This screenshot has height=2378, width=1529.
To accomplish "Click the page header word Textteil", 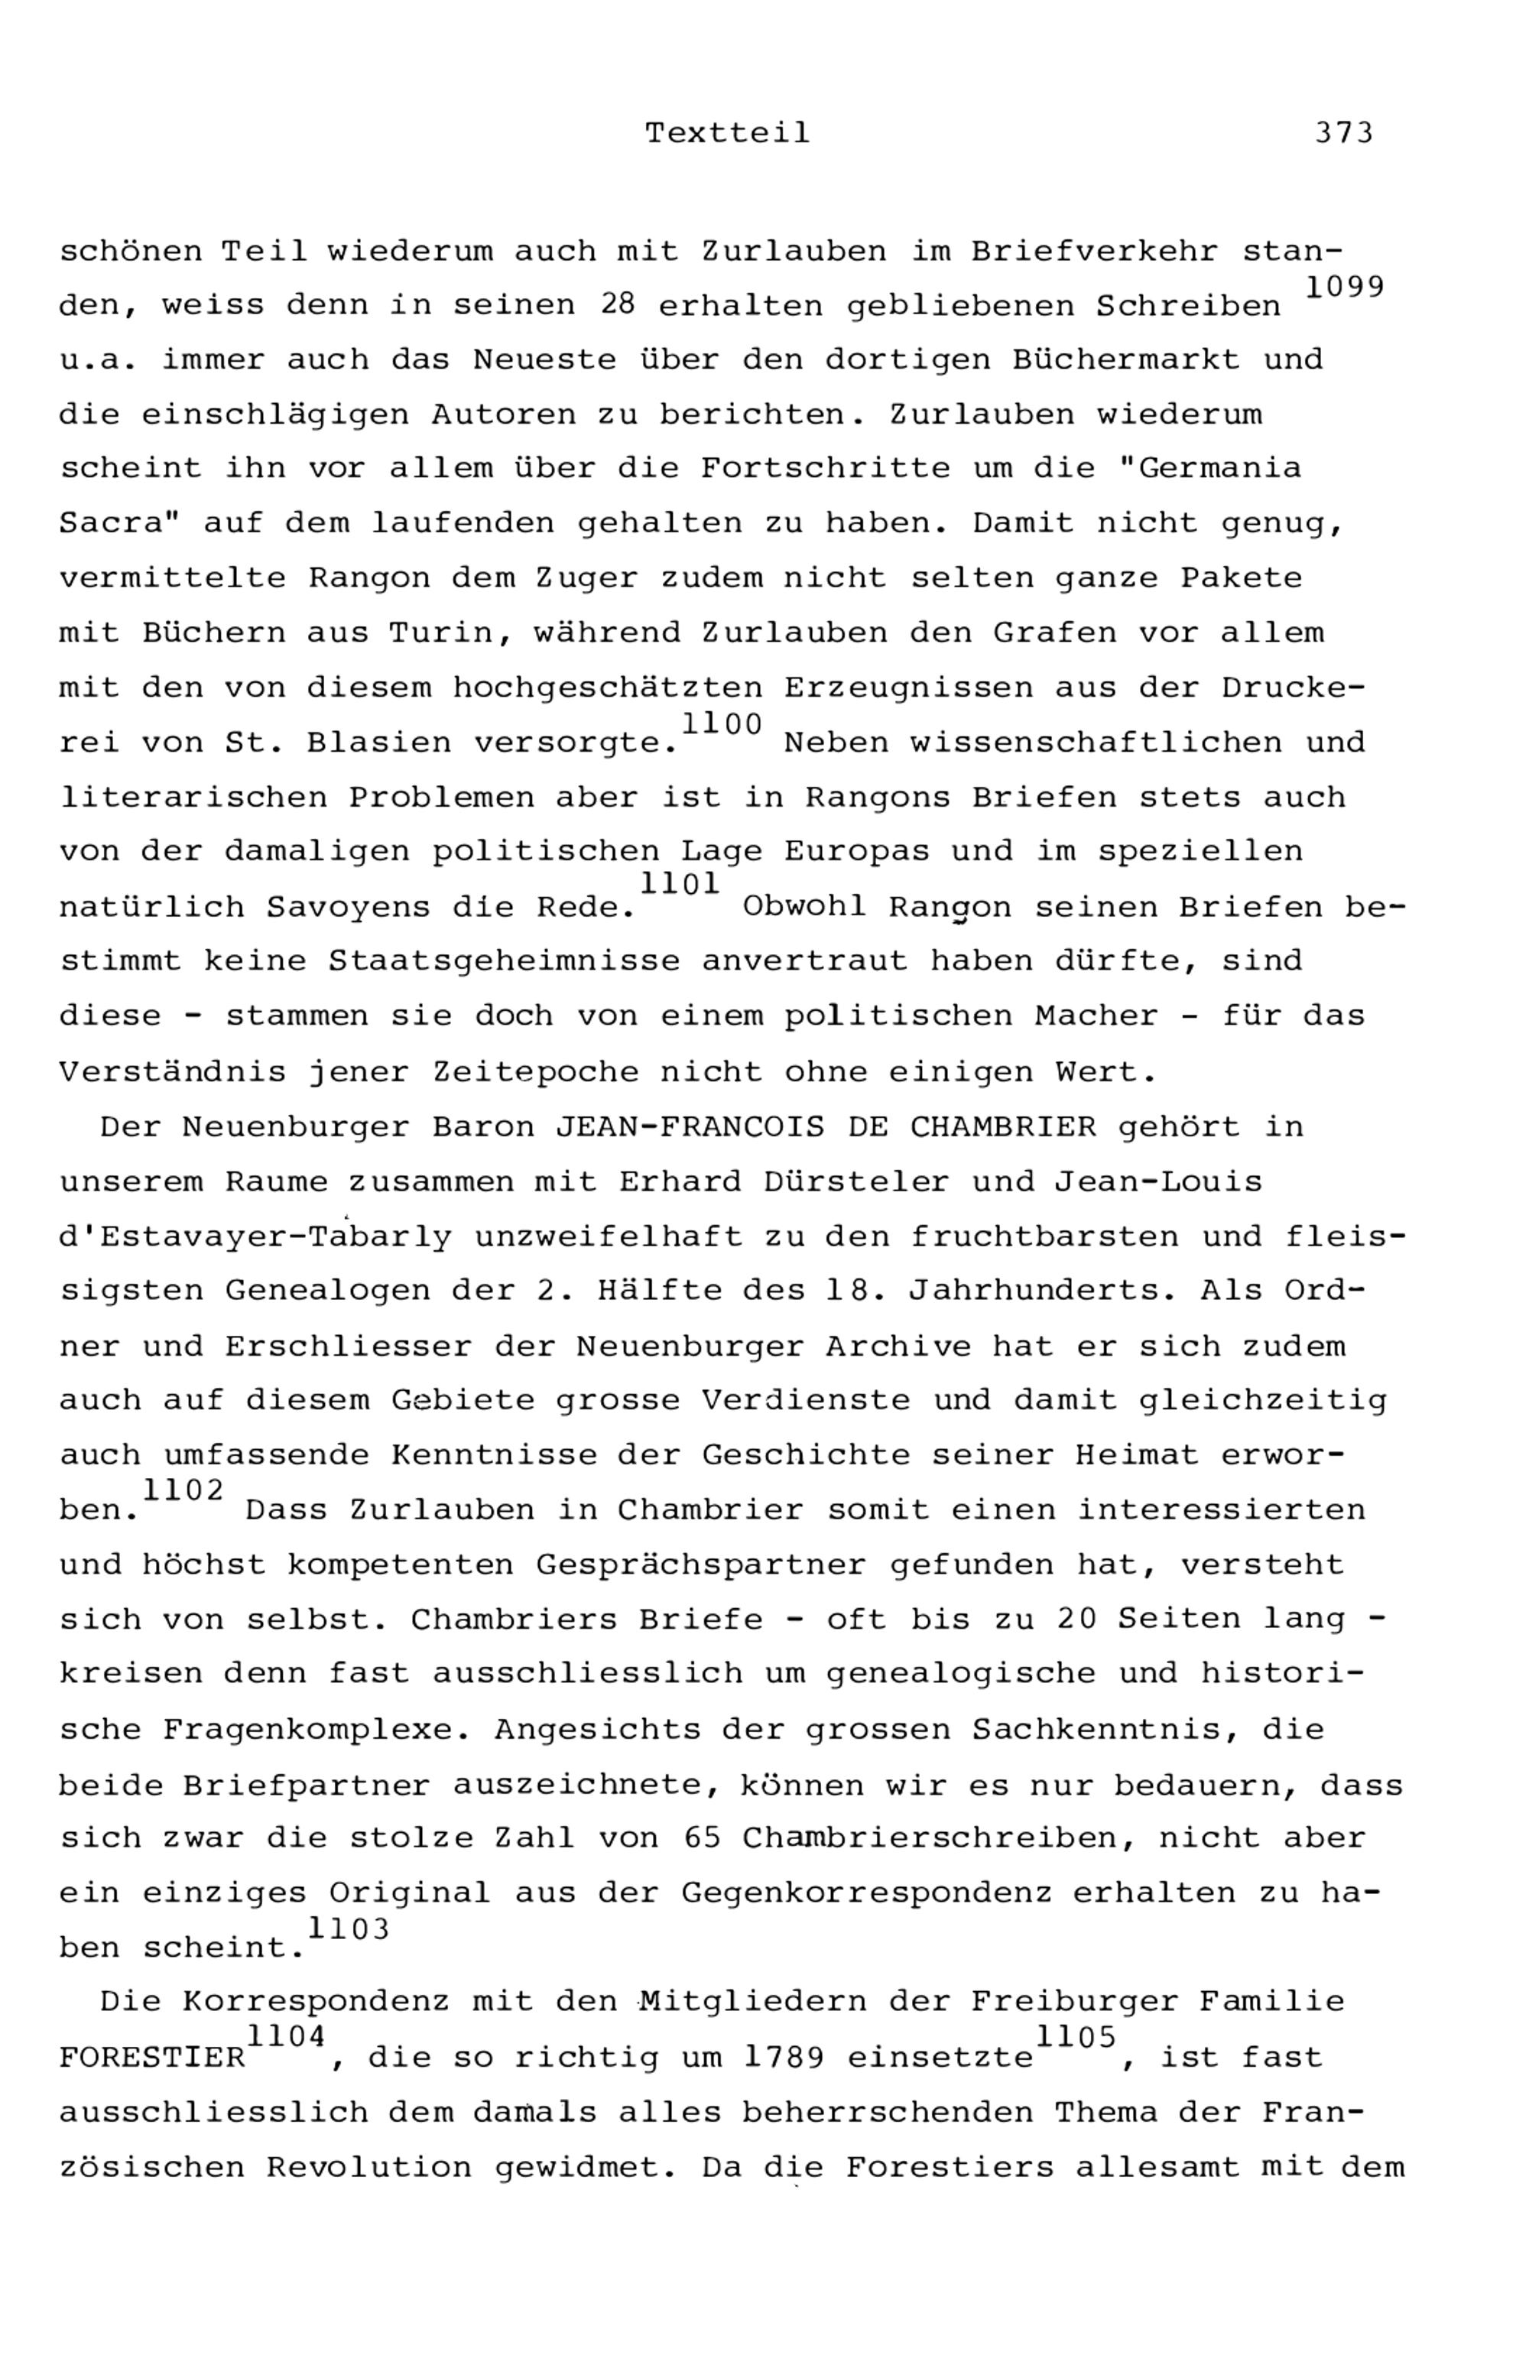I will [727, 133].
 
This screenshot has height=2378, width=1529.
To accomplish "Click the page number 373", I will [1343, 133].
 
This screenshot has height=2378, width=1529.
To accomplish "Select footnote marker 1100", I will [722, 725].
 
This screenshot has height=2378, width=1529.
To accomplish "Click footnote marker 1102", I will [183, 1490].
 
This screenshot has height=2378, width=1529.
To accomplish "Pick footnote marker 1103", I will [349, 1929].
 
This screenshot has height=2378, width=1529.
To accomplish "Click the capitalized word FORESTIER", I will [152, 2058].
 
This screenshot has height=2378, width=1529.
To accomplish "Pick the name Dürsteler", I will [858, 1183].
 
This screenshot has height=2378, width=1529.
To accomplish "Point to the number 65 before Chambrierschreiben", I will [702, 1838].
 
